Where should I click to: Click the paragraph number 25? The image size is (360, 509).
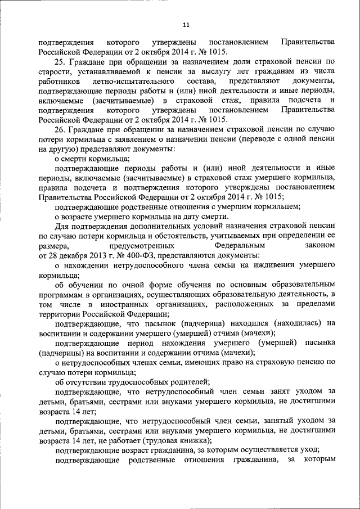(58, 61)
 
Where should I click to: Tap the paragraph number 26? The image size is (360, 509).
(58, 130)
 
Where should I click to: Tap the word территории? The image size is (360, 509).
(58, 314)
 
